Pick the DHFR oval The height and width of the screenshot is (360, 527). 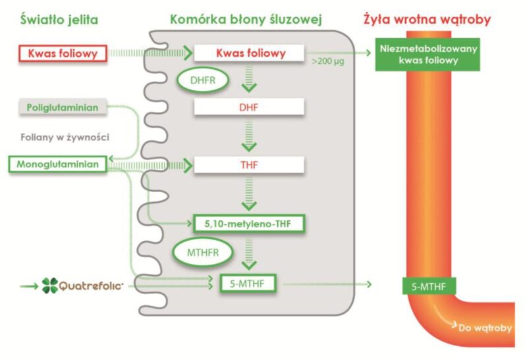click(204, 81)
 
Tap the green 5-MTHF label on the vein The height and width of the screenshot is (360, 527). click(430, 286)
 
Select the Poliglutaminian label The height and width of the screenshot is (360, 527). click(60, 107)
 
